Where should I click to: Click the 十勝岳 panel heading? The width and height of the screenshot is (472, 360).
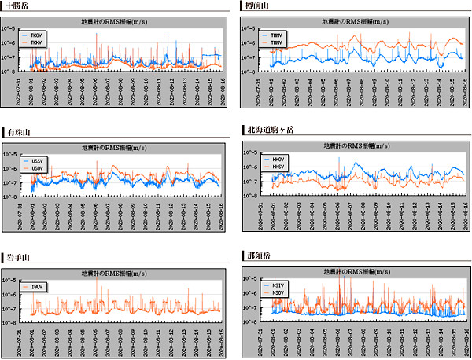[x=17, y=6]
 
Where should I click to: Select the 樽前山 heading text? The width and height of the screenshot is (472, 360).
[x=257, y=6]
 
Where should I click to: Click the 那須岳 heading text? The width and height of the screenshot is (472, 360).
[x=257, y=256]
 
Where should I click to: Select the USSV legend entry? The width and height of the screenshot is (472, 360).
[x=38, y=161]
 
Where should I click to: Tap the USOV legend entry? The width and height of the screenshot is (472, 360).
[x=38, y=168]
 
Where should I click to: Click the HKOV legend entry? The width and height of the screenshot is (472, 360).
[x=278, y=160]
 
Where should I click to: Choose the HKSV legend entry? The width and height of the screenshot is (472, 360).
[x=278, y=167]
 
